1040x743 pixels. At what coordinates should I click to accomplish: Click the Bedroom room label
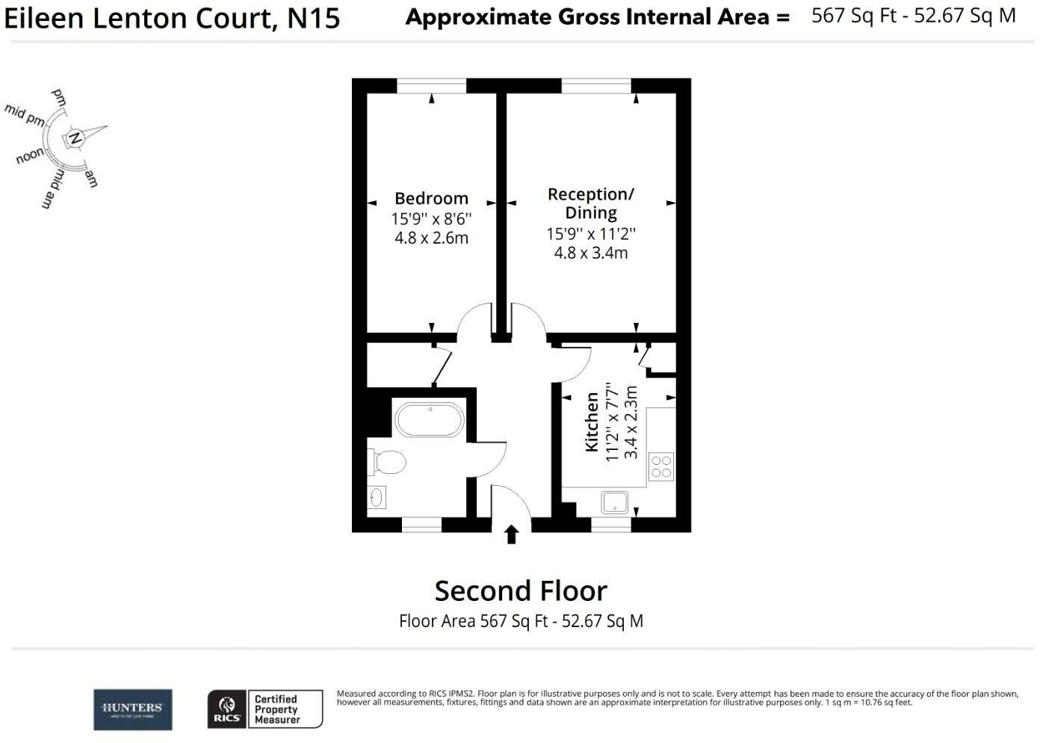(431, 198)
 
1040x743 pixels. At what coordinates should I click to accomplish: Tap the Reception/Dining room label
(590, 203)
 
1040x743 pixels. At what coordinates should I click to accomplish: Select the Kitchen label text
(592, 422)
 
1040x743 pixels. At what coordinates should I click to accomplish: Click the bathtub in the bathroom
(430, 420)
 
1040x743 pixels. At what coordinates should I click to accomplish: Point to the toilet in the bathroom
(388, 462)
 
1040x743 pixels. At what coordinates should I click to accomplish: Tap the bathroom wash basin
(377, 496)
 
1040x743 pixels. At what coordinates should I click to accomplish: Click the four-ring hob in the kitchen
(661, 467)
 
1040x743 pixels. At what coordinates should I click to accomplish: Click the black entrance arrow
(511, 534)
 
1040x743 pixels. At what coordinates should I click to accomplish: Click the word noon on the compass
(30, 156)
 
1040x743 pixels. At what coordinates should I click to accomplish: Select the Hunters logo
(132, 709)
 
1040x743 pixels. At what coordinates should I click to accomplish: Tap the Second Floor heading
(521, 591)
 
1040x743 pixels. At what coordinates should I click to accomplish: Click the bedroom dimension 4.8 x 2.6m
(431, 238)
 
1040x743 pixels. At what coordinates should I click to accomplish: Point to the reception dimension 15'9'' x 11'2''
(590, 234)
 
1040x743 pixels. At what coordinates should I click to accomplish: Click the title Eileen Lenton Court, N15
(173, 18)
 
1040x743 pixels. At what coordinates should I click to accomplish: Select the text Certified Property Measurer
(277, 709)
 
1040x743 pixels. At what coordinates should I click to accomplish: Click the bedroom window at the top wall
(431, 86)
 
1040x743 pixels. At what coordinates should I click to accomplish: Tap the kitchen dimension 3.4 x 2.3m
(631, 422)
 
